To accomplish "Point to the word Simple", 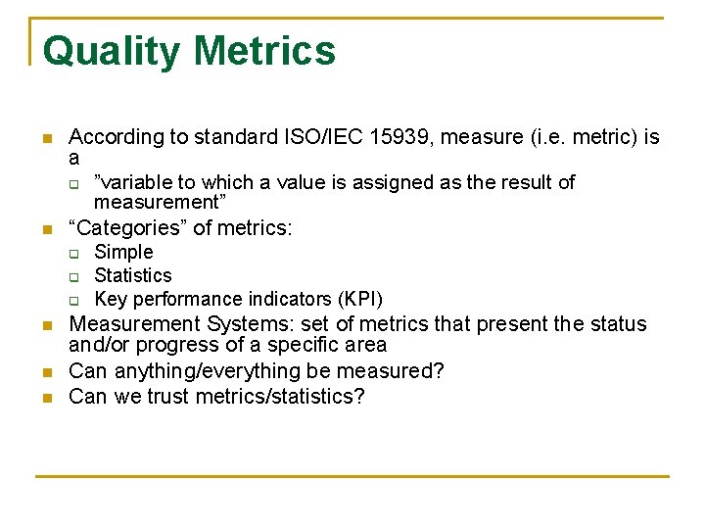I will tap(123, 252).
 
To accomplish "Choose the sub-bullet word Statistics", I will tap(133, 275).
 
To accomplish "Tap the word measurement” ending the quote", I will tap(161, 202).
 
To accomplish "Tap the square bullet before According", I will tap(45, 138).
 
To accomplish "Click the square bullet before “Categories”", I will tap(45, 230).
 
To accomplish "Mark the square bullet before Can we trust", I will tap(45, 398).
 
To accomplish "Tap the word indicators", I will tap(291, 299).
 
